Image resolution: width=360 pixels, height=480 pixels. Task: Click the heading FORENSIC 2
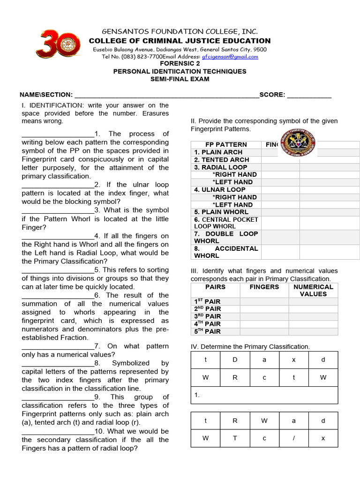pos(180,64)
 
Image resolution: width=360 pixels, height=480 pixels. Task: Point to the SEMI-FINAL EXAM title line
pos(180,79)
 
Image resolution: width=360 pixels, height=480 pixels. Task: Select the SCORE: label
pos(272,95)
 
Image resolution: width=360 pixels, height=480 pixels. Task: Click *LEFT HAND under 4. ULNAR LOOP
pos(232,205)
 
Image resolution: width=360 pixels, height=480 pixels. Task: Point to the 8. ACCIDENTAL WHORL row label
pos(226,252)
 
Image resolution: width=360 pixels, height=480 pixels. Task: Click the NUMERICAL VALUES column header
pos(313,291)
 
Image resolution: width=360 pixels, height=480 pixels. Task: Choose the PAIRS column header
pos(216,287)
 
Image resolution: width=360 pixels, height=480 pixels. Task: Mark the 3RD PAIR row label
pos(207,316)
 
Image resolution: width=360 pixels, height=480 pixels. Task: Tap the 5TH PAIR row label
pos(207,331)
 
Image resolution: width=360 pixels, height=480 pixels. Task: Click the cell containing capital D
pos(235,360)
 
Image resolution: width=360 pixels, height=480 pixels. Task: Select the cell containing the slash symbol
pos(294,438)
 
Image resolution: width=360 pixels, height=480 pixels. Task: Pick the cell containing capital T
pos(235,438)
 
